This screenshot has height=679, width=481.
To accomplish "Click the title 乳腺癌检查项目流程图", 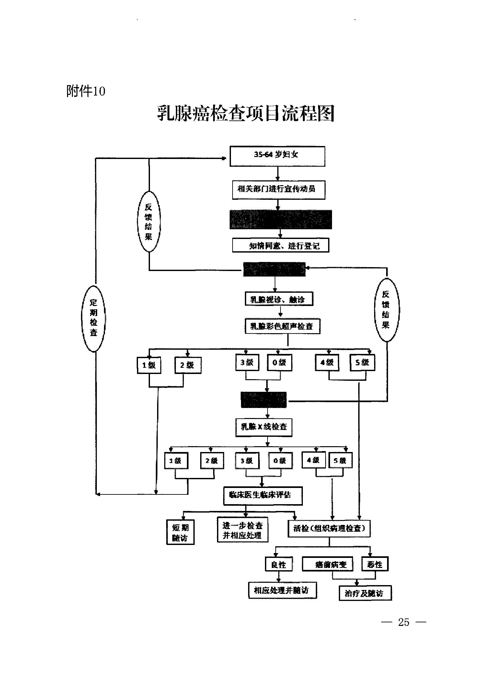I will click(246, 113).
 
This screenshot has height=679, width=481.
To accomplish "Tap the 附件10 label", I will click(86, 92).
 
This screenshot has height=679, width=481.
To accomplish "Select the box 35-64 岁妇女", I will click(277, 156).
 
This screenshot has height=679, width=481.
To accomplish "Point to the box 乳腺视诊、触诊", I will click(279, 299).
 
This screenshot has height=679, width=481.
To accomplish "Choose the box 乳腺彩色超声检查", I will click(282, 326).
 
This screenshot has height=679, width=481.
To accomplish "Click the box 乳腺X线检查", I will click(264, 427).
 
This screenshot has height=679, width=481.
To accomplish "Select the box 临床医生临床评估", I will click(263, 495).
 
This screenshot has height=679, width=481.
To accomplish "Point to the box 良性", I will click(279, 564).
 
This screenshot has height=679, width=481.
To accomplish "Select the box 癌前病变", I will click(327, 564).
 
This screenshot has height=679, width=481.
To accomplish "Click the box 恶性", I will click(375, 564).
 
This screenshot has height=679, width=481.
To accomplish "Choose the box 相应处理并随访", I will click(282, 590).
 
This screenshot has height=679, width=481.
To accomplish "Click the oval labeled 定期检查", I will click(94, 318).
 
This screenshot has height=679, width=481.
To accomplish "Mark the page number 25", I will click(404, 622).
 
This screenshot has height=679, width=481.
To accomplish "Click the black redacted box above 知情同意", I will click(281, 220).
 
